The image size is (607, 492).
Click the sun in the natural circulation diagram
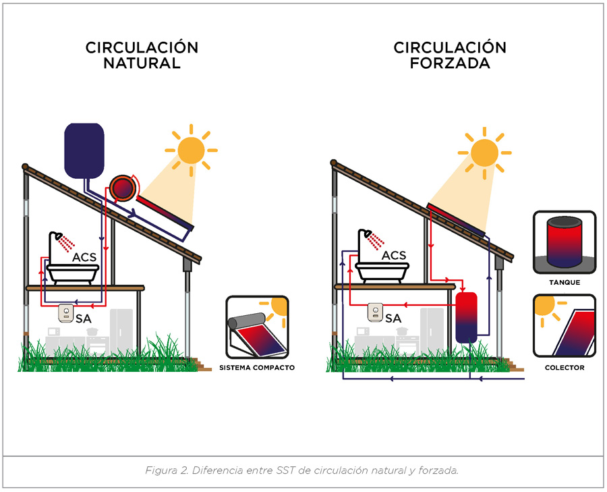pyautogui.click(x=191, y=148)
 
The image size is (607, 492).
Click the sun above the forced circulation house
pyautogui.click(x=484, y=153)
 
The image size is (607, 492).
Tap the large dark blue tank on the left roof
pyautogui.click(x=84, y=151)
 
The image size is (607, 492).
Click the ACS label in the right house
pyautogui.click(x=394, y=256)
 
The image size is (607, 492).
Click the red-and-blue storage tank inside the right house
pyautogui.click(x=467, y=317)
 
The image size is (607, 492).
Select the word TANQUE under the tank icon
pyautogui.click(x=564, y=283)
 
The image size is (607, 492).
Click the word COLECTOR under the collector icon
pyautogui.click(x=564, y=368)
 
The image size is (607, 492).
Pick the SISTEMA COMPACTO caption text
pyautogui.click(x=257, y=368)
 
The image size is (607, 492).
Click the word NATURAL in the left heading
pyautogui.click(x=142, y=64)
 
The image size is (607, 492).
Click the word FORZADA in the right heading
pyautogui.click(x=451, y=64)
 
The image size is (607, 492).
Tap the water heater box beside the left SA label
pyautogui.click(x=67, y=314)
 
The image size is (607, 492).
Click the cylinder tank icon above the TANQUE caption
pyautogui.click(x=564, y=242)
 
